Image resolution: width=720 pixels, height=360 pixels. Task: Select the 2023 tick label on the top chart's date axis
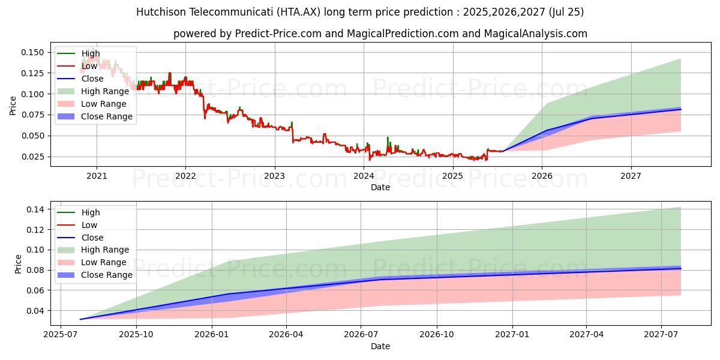click(x=275, y=176)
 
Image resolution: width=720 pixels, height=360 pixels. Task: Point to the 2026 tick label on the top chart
click(x=542, y=176)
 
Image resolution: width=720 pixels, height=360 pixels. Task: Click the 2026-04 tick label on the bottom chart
click(x=286, y=334)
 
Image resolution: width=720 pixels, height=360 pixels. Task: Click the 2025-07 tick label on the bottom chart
click(x=61, y=334)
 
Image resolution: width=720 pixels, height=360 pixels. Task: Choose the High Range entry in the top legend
click(x=105, y=91)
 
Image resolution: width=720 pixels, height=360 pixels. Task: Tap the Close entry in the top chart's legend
click(x=92, y=79)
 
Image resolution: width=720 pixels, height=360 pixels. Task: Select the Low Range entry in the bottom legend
click(x=104, y=262)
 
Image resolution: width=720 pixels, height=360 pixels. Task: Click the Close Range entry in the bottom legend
click(x=107, y=275)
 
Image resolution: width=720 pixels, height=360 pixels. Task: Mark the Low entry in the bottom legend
click(x=89, y=225)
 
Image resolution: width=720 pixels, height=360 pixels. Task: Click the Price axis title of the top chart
click(x=13, y=105)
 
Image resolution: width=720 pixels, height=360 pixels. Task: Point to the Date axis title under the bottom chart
click(x=380, y=346)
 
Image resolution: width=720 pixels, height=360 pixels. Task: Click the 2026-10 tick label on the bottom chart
click(x=436, y=334)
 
